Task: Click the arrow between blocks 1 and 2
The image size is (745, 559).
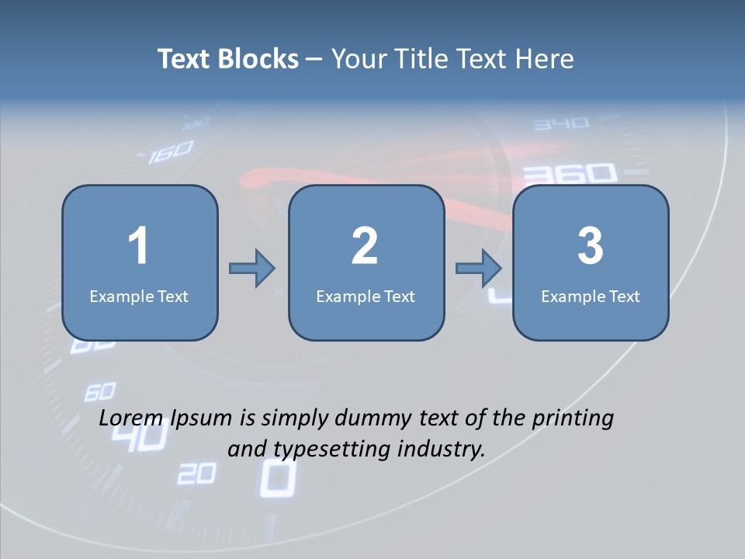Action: coord(252,269)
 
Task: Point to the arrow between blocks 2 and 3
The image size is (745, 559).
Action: coord(479,269)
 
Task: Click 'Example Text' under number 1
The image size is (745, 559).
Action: coord(139,296)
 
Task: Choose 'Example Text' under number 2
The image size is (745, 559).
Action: coord(366,296)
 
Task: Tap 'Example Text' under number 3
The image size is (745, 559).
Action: coord(591,296)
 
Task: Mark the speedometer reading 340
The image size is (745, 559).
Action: coord(561,123)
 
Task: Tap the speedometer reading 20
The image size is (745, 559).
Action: coord(196,473)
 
